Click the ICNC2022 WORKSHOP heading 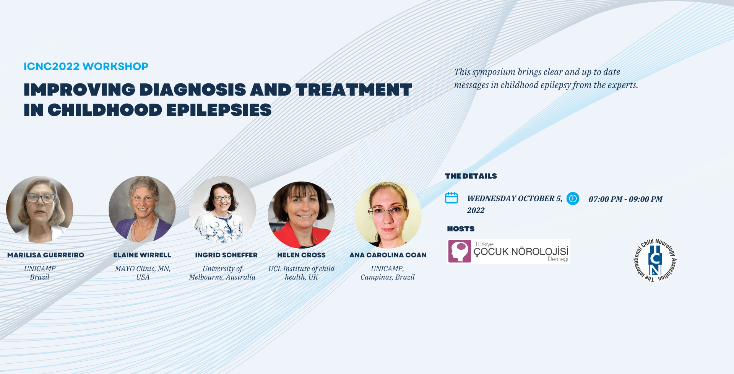(x=86, y=66)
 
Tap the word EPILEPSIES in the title (x=219, y=110)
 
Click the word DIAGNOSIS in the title (x=193, y=90)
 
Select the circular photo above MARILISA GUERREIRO (x=40, y=209)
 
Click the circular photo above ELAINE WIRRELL (x=142, y=209)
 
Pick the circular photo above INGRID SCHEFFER (x=222, y=209)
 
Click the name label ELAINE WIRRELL (x=142, y=255)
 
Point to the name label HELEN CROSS (x=301, y=255)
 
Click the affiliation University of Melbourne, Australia (x=222, y=273)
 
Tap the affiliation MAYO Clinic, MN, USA (x=143, y=273)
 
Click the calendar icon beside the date (x=451, y=198)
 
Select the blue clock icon (x=573, y=198)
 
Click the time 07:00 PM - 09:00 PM (x=625, y=199)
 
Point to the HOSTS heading (x=461, y=229)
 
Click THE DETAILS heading (x=471, y=176)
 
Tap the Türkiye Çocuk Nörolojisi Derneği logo (x=509, y=251)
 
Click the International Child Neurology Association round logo (x=655, y=260)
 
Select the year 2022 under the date (x=476, y=210)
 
